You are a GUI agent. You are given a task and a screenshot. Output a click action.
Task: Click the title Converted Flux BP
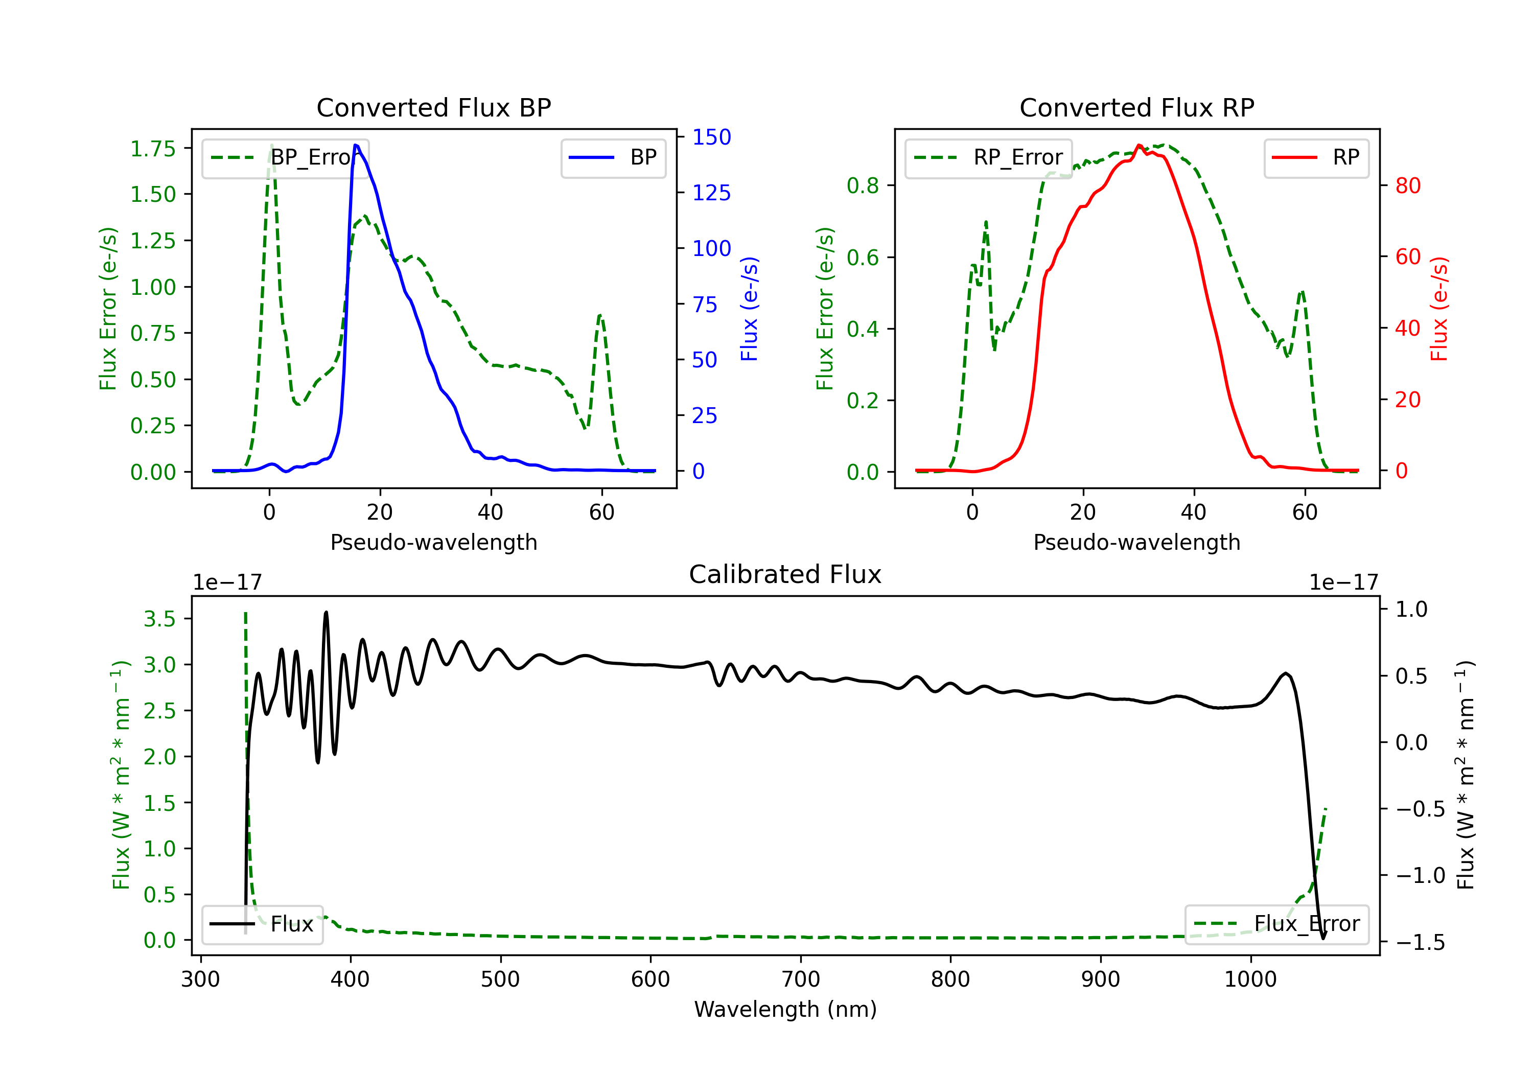(433, 107)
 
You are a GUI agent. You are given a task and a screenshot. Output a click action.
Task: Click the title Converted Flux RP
(1136, 107)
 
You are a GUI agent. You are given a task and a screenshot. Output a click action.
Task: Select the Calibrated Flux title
(785, 574)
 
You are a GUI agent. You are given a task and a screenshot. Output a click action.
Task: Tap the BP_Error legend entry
(285, 157)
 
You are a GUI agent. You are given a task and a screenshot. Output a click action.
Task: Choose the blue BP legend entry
(613, 157)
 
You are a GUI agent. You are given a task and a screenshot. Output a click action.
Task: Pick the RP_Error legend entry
(988, 157)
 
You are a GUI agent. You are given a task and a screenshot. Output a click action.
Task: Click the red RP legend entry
(1316, 157)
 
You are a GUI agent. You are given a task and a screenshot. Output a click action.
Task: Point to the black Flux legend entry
(262, 924)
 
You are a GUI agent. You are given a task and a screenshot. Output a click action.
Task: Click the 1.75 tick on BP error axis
(153, 148)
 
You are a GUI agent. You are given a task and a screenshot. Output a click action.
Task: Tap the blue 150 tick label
(712, 137)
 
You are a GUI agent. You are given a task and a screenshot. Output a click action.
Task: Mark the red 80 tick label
(1408, 185)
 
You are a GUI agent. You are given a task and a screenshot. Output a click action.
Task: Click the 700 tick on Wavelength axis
(801, 979)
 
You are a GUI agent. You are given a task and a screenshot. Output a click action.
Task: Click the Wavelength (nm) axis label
(785, 1009)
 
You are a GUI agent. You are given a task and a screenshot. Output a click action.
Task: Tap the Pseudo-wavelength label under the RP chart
(1136, 542)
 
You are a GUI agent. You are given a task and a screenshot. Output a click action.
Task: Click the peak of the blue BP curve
(356, 145)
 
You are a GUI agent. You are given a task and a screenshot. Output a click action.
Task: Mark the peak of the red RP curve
(1139, 145)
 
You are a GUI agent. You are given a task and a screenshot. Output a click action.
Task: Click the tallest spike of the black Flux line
(326, 612)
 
